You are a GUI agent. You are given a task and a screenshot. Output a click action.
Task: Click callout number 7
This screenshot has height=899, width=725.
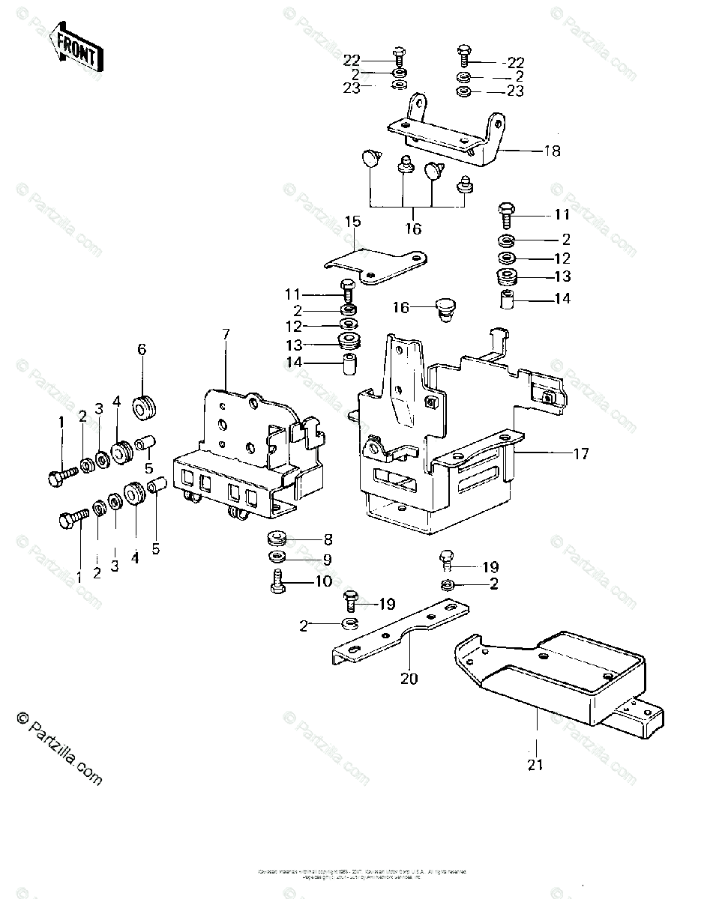click(x=225, y=333)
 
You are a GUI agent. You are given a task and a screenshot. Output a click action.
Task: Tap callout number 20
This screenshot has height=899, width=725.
click(x=409, y=679)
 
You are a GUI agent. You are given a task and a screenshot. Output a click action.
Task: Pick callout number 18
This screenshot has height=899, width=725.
click(x=552, y=151)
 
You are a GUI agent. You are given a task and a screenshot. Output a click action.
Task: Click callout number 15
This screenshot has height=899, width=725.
click(x=352, y=222)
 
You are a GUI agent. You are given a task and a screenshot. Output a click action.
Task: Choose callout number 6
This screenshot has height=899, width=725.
click(x=141, y=348)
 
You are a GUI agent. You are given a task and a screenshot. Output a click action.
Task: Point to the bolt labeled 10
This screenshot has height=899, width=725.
click(x=276, y=581)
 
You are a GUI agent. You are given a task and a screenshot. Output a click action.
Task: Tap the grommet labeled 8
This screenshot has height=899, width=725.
click(x=277, y=539)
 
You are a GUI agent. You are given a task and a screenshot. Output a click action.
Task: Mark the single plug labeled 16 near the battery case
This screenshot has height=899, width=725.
click(x=446, y=309)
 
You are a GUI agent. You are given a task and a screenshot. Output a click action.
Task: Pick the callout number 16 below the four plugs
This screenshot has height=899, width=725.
click(x=412, y=228)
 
